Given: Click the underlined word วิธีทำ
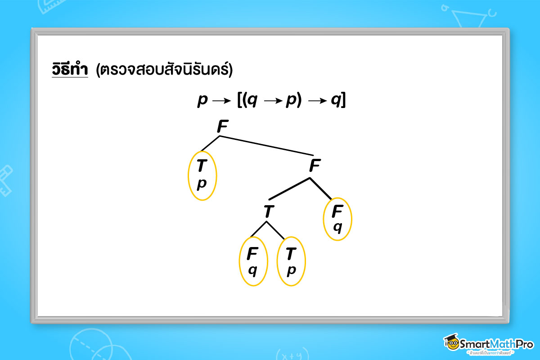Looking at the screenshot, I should coord(70,70).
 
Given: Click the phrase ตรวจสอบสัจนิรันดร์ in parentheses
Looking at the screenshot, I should coord(164,70).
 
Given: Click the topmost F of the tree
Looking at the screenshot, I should coord(222,127).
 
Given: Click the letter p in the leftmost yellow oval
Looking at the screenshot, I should coord(202,184).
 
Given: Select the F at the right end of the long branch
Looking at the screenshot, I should coord(315,166).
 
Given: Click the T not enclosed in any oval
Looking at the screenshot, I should coord(269,211).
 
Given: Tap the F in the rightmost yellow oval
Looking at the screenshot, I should coord(337,211).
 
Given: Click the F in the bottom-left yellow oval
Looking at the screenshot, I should coord(252,254).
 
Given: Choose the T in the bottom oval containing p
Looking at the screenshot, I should coord(291,254).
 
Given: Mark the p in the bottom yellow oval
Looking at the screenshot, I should coord(291,270).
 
